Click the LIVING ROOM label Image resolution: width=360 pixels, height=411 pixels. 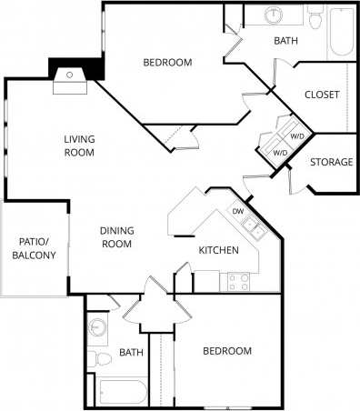pyautogui.click(x=79, y=145)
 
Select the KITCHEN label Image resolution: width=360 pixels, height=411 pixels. pyautogui.click(x=219, y=250)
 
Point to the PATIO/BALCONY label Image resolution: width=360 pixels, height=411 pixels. pyautogui.click(x=34, y=248)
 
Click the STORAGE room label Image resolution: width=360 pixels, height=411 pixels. pyautogui.click(x=332, y=162)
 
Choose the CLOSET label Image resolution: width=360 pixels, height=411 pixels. pyautogui.click(x=322, y=95)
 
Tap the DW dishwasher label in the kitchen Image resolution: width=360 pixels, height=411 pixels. pyautogui.click(x=237, y=212)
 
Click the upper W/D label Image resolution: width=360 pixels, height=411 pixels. pyautogui.click(x=297, y=136)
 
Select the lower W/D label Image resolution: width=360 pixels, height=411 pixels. pyautogui.click(x=281, y=153)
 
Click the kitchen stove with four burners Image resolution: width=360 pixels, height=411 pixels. pyautogui.click(x=239, y=281)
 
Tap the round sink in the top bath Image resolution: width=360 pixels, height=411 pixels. pyautogui.click(x=274, y=15)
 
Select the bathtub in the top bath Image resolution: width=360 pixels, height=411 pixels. pyautogui.click(x=342, y=32)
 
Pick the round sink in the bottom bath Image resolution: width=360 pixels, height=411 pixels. pyautogui.click(x=97, y=326)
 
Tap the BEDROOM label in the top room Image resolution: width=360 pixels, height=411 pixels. pyautogui.click(x=168, y=62)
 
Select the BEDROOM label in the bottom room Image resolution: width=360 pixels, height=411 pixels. pyautogui.click(x=226, y=350)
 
